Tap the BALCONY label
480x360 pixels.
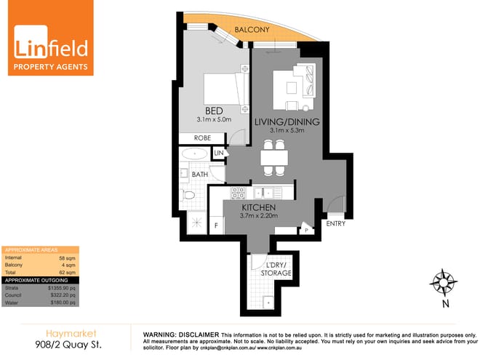click(253, 30)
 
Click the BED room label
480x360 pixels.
click(214, 111)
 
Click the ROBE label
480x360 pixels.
click(203, 137)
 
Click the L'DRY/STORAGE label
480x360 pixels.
click(276, 268)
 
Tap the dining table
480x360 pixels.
click(274, 157)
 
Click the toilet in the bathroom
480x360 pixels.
click(188, 194)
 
